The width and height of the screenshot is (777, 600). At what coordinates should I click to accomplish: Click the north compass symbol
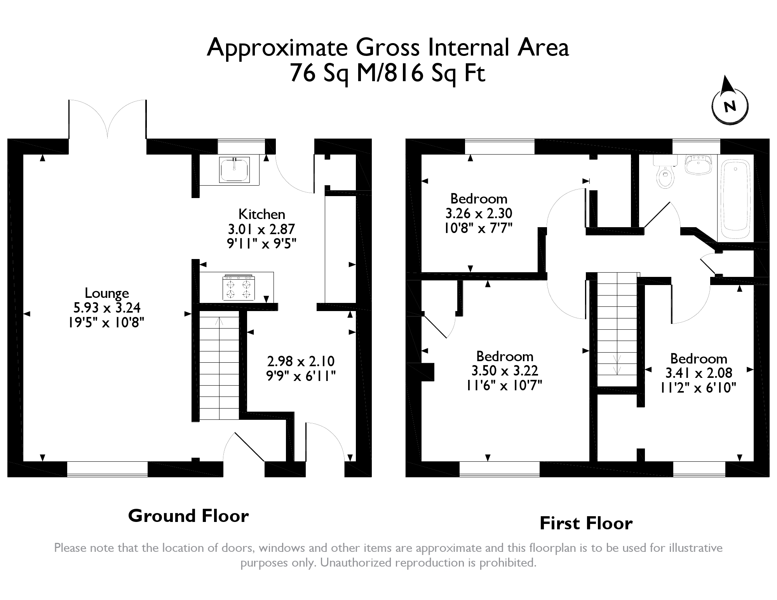coord(730,105)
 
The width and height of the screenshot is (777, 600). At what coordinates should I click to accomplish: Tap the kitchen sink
coord(234,170)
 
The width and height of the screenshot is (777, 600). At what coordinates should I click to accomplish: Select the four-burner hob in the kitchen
coord(239,288)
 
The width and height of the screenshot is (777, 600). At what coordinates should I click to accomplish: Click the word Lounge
coord(107,293)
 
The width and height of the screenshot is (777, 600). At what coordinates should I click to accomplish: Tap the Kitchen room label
coord(261,214)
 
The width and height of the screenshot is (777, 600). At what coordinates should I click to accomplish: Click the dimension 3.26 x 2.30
coord(479,213)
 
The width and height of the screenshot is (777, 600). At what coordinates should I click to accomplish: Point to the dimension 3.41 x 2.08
coord(699,373)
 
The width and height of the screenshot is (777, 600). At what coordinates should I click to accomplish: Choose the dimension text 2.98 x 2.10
coord(301,361)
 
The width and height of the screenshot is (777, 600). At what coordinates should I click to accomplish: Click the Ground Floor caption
coord(188,516)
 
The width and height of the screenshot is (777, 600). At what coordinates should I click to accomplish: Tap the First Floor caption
coord(586,523)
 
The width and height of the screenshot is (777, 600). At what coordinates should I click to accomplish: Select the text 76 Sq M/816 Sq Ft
coord(388,73)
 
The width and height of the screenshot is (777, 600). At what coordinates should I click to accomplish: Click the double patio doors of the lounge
coord(108,120)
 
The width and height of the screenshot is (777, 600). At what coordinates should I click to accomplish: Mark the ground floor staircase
coord(219,367)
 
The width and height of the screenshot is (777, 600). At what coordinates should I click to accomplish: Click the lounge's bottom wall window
coord(107,469)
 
